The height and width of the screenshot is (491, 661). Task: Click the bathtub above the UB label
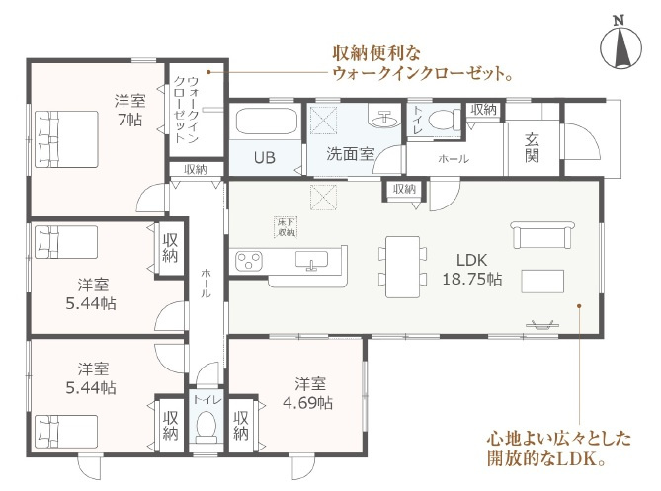pos(264,126)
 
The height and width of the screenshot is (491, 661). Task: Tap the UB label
pos(264,157)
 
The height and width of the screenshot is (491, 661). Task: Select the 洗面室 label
pos(350,154)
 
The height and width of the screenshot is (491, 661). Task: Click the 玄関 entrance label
pos(532,149)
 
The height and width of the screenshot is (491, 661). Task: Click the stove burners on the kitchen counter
pos(248,263)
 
